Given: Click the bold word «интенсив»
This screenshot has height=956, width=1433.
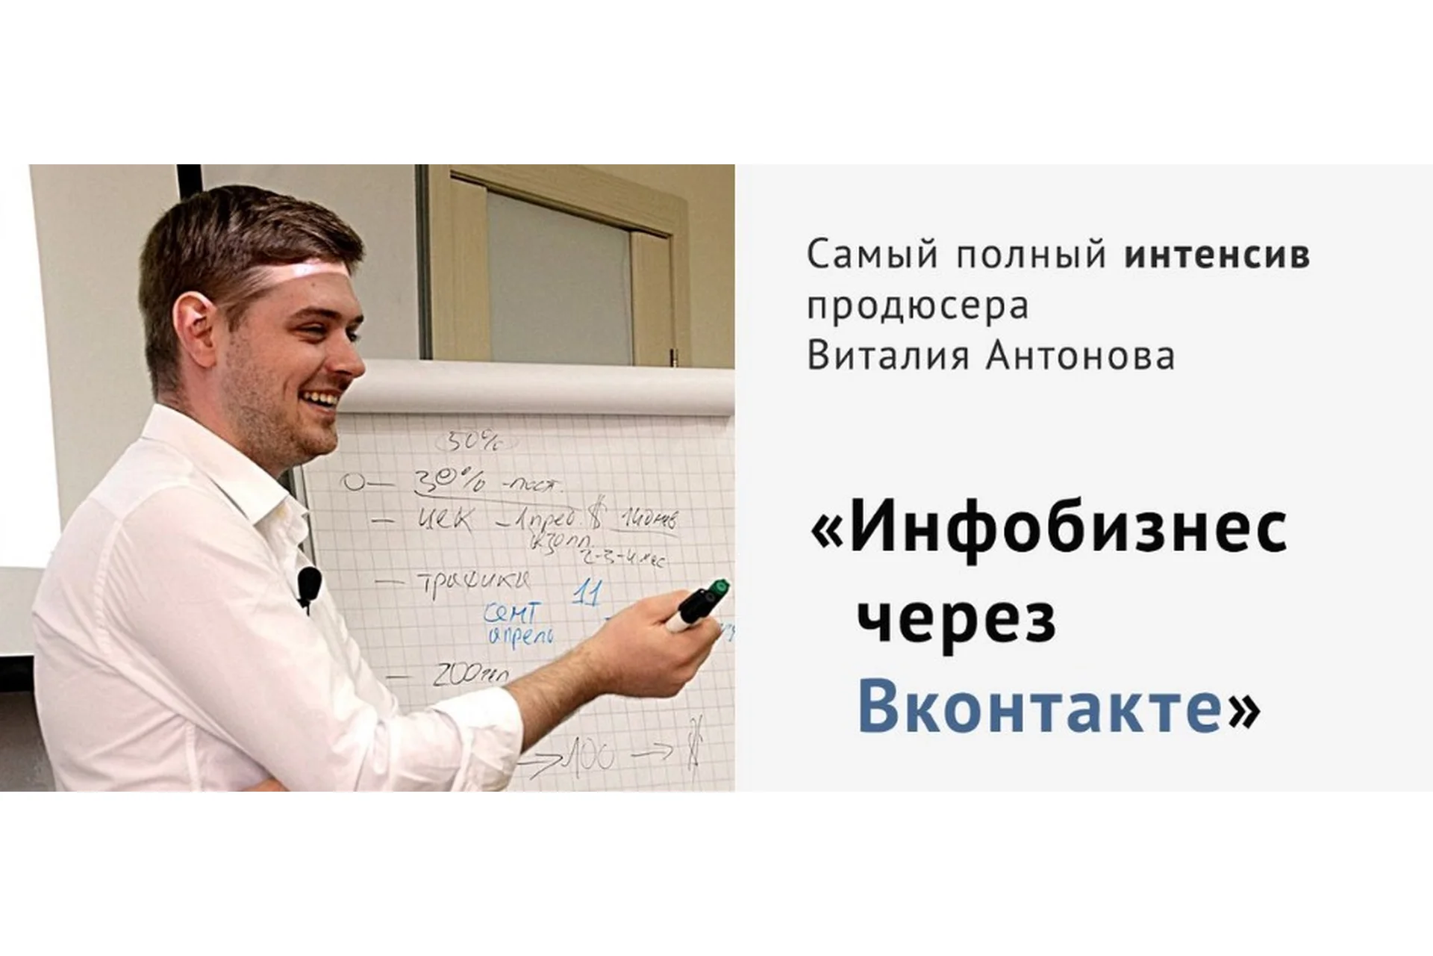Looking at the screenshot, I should pyautogui.click(x=1217, y=255).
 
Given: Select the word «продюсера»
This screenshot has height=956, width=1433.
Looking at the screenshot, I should pyautogui.click(x=917, y=307).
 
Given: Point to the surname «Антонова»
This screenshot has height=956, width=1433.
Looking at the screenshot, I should pyautogui.click(x=1080, y=356).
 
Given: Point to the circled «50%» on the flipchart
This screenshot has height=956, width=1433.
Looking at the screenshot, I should pyautogui.click(x=471, y=442).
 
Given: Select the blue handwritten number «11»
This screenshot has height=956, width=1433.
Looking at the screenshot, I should pyautogui.click(x=587, y=595).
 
